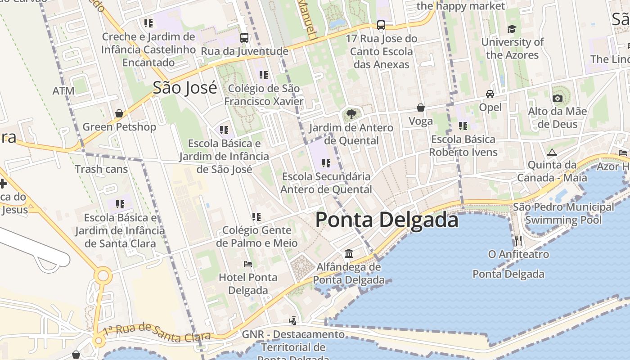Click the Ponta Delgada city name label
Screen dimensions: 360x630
click(387, 220)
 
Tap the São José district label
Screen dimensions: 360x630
click(184, 87)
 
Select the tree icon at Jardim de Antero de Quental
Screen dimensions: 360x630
click(351, 114)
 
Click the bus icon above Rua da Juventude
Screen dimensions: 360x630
click(244, 38)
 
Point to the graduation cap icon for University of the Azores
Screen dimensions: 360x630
click(512, 29)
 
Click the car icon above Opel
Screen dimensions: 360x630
click(490, 94)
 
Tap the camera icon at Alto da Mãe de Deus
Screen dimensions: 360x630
click(558, 98)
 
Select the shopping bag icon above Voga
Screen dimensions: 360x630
click(421, 108)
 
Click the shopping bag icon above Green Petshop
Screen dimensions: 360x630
click(119, 113)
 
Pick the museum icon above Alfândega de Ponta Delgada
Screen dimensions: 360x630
click(349, 254)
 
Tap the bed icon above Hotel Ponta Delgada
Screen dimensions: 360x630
click(248, 264)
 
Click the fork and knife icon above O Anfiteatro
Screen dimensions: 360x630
click(518, 241)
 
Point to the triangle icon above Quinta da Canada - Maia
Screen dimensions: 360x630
click(552, 152)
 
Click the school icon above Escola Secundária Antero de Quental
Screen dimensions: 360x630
click(326, 163)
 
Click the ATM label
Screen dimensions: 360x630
click(63, 91)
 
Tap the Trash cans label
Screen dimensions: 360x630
click(101, 169)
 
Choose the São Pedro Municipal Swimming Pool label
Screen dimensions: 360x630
click(563, 213)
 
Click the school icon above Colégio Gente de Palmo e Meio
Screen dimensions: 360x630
click(256, 217)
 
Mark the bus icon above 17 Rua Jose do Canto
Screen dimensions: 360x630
click(381, 25)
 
